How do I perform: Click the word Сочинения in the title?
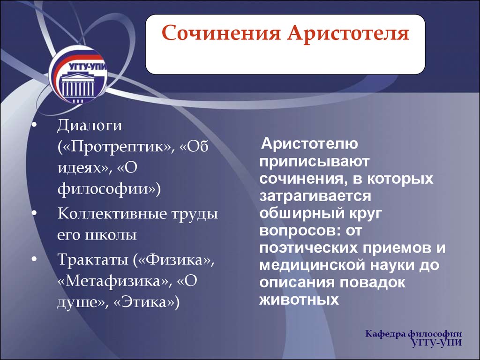(221, 33)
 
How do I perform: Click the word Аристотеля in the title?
(348, 33)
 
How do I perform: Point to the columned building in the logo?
(78, 87)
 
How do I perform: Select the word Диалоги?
(90, 126)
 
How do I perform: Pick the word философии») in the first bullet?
(109, 188)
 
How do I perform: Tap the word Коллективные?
(112, 213)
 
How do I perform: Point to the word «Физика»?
(177, 260)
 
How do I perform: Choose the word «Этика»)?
(146, 302)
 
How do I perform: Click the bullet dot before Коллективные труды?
(34, 213)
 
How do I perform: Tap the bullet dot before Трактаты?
(34, 259)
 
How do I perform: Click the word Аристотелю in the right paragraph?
(309, 143)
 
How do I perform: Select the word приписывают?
(315, 161)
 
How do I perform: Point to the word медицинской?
(312, 265)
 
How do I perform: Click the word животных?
(299, 300)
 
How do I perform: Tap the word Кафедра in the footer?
(385, 334)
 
